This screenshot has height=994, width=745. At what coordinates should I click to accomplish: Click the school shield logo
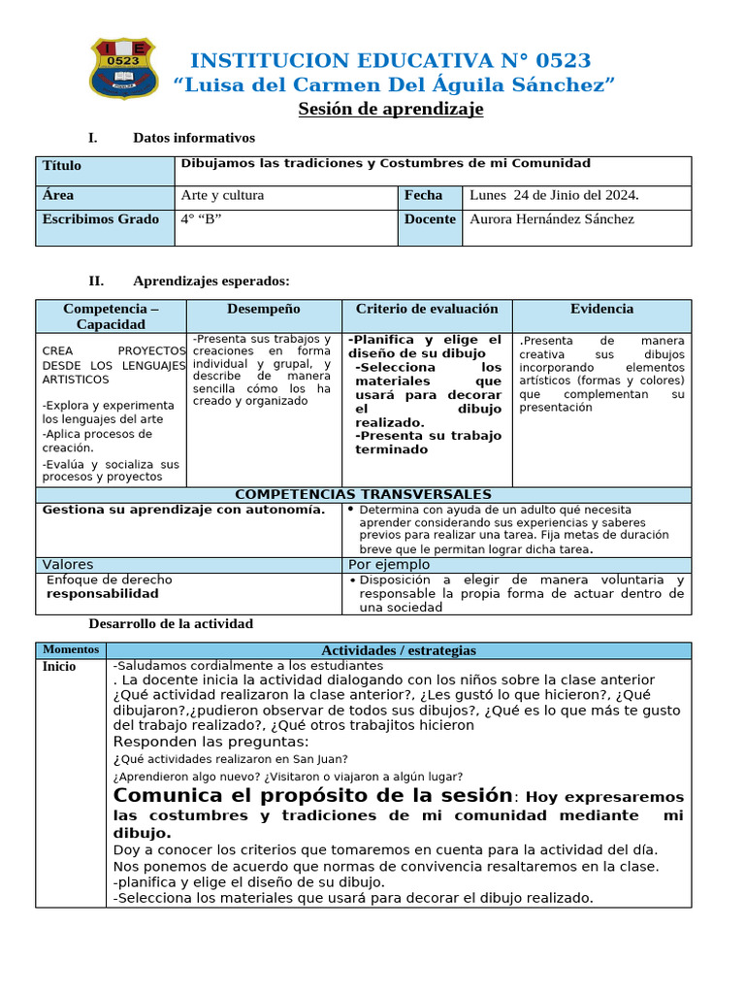pyautogui.click(x=120, y=68)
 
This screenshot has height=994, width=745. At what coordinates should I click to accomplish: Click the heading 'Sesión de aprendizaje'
pyautogui.click(x=390, y=109)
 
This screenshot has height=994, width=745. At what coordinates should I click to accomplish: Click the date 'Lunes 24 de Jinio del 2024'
pyautogui.click(x=554, y=195)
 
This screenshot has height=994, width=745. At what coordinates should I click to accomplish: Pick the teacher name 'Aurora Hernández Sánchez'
pyautogui.click(x=551, y=219)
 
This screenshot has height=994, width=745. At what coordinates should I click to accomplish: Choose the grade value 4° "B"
pyautogui.click(x=201, y=219)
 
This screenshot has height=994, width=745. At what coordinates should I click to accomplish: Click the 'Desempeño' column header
pyautogui.click(x=263, y=309)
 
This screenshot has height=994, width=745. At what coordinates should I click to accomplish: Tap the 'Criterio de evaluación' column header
pyautogui.click(x=427, y=309)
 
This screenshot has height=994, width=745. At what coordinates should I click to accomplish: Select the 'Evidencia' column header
pyautogui.click(x=601, y=309)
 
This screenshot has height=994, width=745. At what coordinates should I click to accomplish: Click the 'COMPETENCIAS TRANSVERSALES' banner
pyautogui.click(x=364, y=495)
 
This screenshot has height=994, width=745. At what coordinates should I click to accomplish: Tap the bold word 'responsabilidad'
pyautogui.click(x=103, y=593)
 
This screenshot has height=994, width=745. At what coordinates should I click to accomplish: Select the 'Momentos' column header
pyautogui.click(x=71, y=648)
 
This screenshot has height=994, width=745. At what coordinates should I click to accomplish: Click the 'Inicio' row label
pyautogui.click(x=58, y=667)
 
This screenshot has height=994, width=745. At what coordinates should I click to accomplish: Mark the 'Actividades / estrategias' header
pyautogui.click(x=399, y=650)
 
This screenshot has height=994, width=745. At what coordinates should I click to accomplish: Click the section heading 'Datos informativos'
pyautogui.click(x=194, y=139)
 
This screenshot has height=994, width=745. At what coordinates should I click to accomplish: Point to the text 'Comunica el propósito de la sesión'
pyautogui.click(x=312, y=796)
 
